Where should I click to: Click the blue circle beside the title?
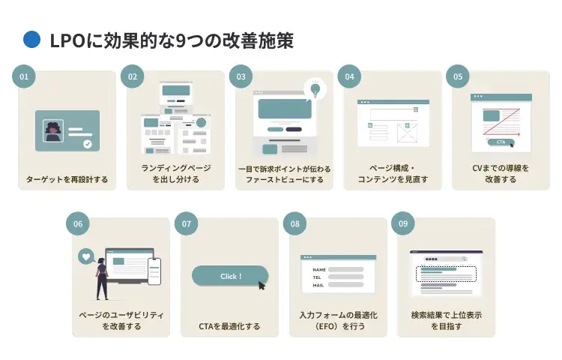click(x=31, y=40)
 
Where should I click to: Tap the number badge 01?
click(x=24, y=76)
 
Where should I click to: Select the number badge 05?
click(x=458, y=76)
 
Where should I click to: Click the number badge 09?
click(x=403, y=223)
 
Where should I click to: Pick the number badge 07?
click(x=187, y=223)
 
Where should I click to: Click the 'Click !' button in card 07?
click(x=229, y=276)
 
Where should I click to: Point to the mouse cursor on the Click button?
click(x=262, y=285)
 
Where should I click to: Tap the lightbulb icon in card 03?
click(x=315, y=88)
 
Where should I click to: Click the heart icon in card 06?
click(x=86, y=256)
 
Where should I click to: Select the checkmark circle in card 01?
click(x=88, y=143)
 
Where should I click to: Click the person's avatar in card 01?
click(x=55, y=132)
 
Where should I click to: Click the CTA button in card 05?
click(x=501, y=142)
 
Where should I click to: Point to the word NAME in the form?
click(x=319, y=269)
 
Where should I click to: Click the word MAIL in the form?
click(x=318, y=285)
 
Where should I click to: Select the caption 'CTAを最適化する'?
click(x=229, y=326)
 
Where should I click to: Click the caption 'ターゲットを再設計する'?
click(x=67, y=179)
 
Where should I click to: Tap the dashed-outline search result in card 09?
click(x=446, y=273)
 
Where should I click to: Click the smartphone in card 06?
click(x=154, y=271)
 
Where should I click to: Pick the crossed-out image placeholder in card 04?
click(x=408, y=134)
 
